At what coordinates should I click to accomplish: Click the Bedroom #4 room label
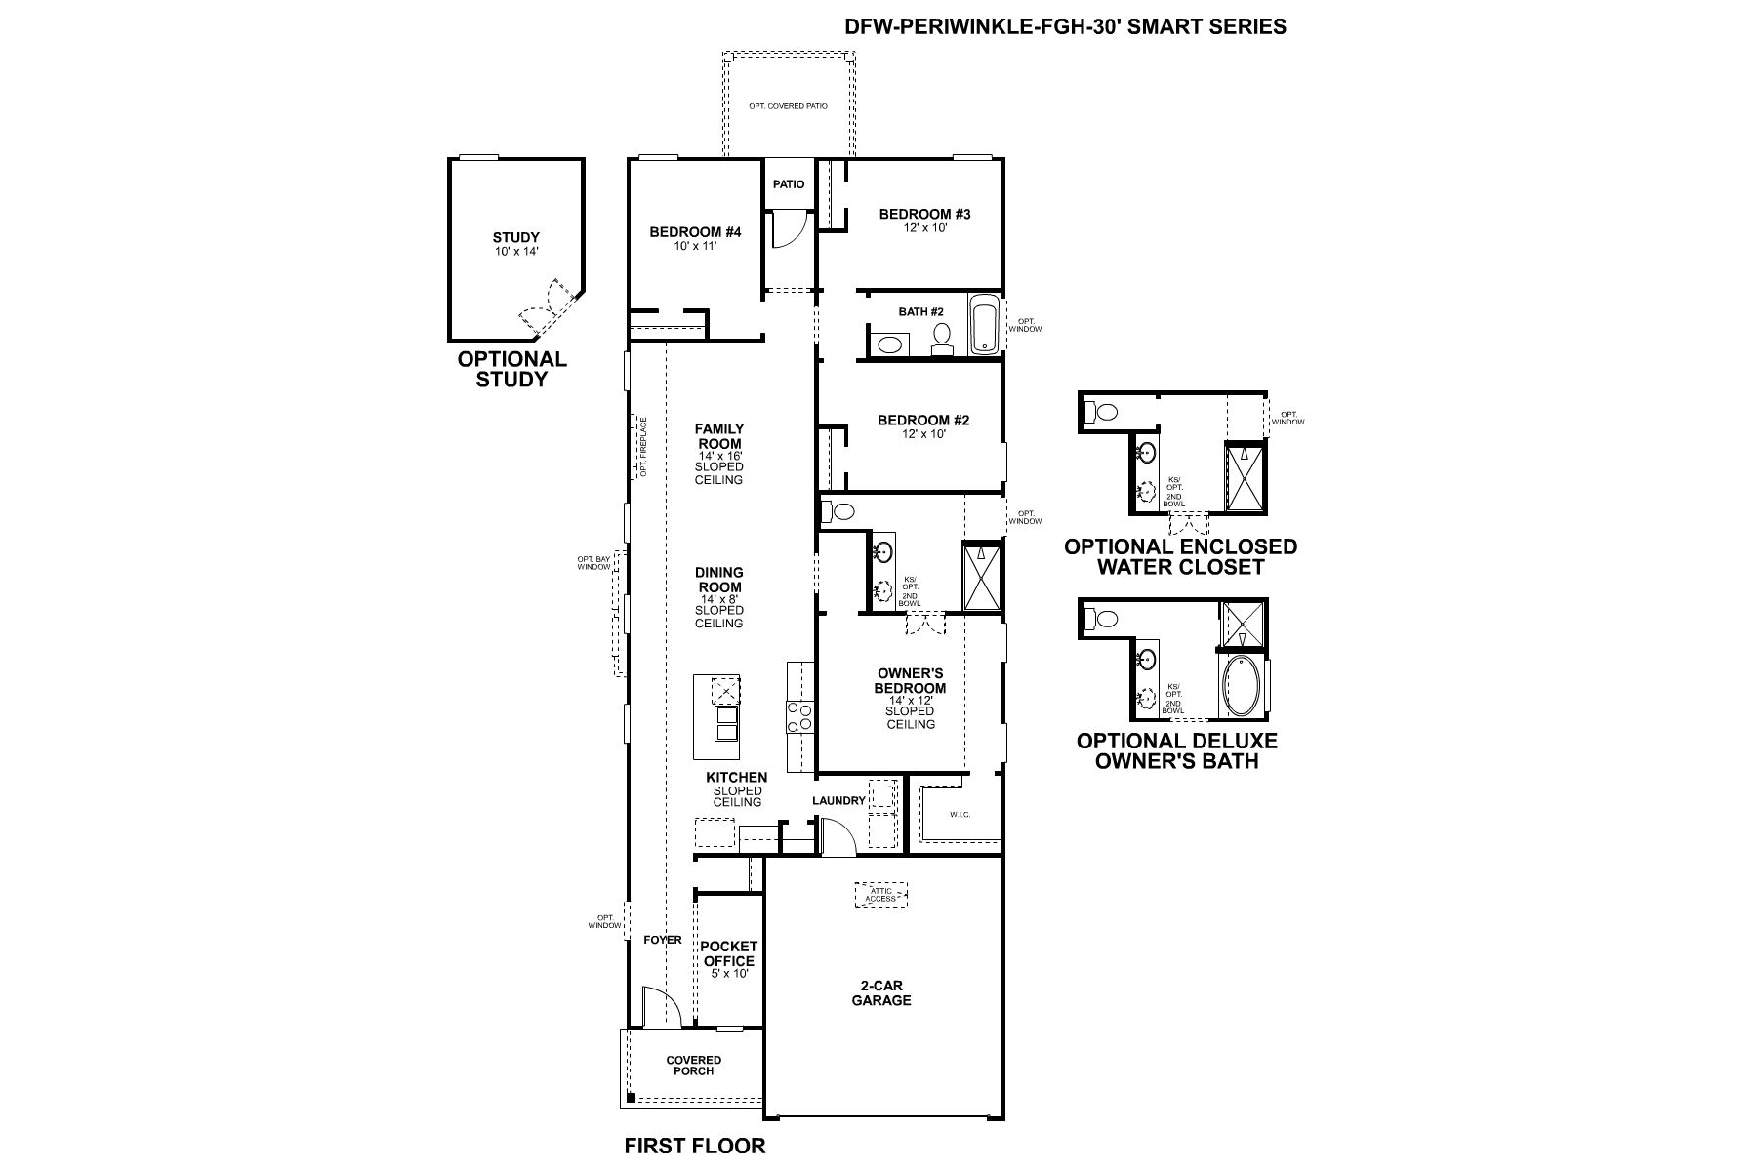click(695, 232)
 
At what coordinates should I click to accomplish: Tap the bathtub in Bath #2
click(984, 324)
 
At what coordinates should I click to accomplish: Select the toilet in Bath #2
click(942, 338)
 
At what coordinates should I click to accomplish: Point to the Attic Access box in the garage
click(880, 894)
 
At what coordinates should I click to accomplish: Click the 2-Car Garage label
click(880, 993)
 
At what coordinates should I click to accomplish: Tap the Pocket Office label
click(728, 953)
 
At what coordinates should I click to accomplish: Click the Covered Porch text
click(693, 1065)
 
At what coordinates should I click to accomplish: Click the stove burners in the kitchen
click(799, 717)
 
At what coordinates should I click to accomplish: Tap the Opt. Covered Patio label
click(788, 105)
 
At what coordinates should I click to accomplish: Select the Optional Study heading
click(511, 369)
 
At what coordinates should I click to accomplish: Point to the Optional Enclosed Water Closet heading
click(1180, 556)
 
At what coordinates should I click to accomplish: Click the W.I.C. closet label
click(960, 814)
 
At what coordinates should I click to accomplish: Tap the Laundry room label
click(838, 800)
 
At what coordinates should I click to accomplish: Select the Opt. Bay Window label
click(593, 563)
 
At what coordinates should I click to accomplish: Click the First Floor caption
click(694, 1146)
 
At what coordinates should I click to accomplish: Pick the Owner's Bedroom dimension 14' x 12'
click(910, 700)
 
